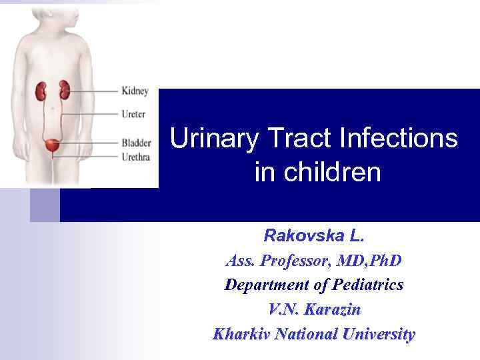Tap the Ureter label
pyautogui.click(x=133, y=114)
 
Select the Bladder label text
pyautogui.click(x=136, y=143)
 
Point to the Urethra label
pyautogui.click(x=136, y=157)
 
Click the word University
pyautogui.click(x=378, y=334)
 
